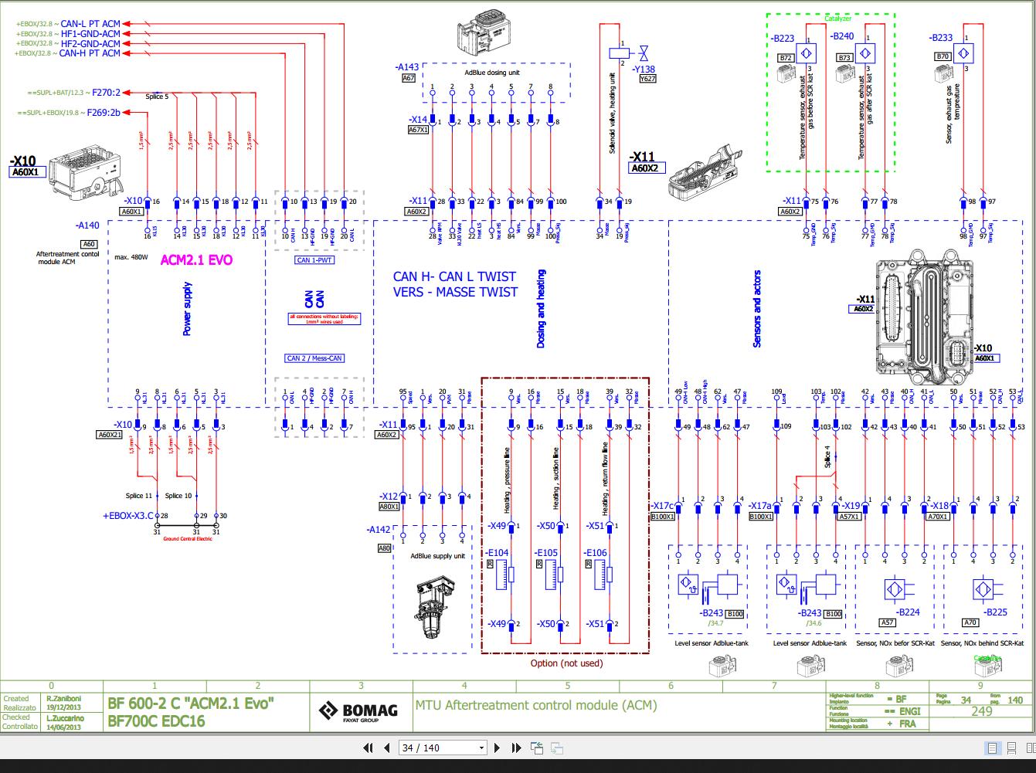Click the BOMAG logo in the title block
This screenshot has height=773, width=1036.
point(360,710)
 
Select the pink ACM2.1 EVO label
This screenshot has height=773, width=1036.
point(195,260)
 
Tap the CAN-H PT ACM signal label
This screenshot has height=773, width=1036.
point(90,53)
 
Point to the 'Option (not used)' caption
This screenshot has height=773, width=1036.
point(566,663)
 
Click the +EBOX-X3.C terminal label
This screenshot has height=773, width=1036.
point(127,515)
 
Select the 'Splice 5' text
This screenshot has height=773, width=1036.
point(156,97)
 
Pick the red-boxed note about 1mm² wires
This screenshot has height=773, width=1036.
point(324,318)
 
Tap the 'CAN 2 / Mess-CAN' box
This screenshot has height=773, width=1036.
point(314,358)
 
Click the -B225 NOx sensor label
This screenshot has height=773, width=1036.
point(996,612)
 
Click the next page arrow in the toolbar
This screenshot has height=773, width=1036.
point(498,748)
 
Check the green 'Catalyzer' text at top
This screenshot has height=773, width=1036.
point(837,19)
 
